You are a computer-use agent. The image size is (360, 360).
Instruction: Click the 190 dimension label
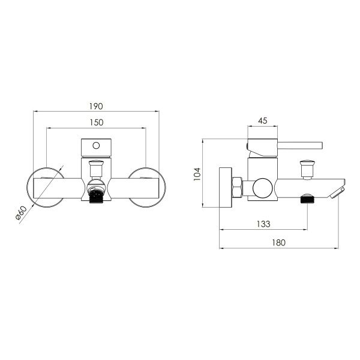coord(96,106)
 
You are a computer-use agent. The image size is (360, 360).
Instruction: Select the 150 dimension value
coord(97,122)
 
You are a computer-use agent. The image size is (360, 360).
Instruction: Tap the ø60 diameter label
coord(21,213)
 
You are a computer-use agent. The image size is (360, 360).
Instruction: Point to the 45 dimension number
coord(263,121)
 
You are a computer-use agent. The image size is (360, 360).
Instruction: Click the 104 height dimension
coord(197,174)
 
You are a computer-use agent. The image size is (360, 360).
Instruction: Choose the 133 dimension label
coord(263,224)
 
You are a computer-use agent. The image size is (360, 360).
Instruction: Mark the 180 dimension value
coord(279,242)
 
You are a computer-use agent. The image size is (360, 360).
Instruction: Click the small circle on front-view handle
coord(96,146)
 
